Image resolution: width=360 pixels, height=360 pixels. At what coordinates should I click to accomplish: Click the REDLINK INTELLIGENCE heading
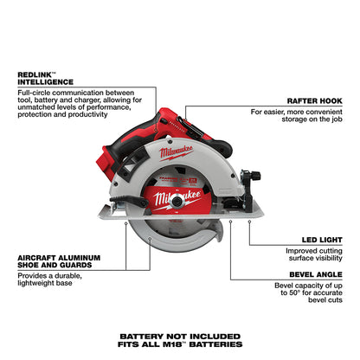[x=50, y=81]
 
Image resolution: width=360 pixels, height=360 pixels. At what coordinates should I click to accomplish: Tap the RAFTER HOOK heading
[x=311, y=100]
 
